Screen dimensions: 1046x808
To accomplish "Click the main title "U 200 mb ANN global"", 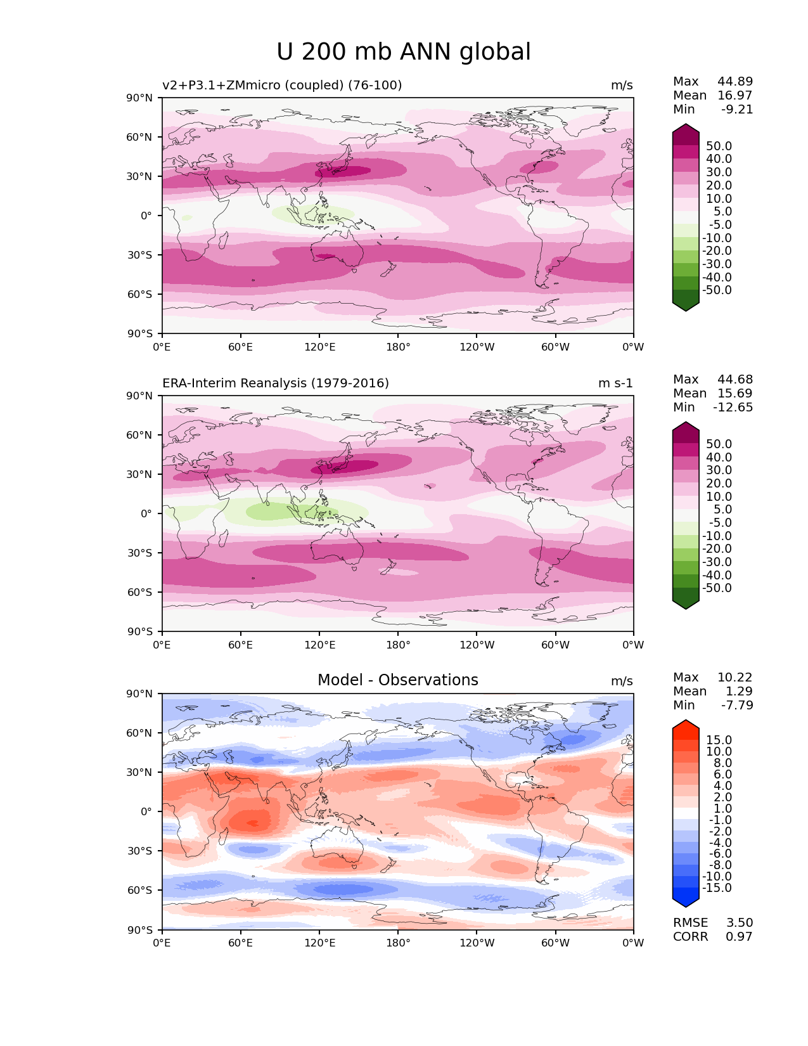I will (404, 52).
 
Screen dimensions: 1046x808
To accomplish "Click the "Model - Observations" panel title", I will (397, 680).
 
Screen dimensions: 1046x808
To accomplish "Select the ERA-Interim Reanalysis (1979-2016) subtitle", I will (276, 384).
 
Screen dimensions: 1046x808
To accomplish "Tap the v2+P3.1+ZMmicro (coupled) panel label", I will (282, 86).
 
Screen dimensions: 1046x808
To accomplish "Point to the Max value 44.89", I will (735, 82).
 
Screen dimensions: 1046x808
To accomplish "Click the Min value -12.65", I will (733, 408).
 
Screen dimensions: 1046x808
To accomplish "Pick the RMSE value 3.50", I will (740, 923).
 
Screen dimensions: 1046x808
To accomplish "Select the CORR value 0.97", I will (740, 937).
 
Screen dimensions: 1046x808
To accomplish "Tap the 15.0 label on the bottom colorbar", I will (719, 740).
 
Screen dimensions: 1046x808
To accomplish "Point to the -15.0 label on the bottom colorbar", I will (717, 888).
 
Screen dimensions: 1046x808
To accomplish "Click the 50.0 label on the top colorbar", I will (719, 146).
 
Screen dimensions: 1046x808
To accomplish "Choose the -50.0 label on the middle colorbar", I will (717, 588).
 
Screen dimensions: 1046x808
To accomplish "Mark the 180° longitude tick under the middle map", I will (398, 645).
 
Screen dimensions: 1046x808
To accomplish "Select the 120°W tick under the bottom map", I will (477, 943).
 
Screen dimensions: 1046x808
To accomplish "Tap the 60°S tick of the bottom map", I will (141, 891).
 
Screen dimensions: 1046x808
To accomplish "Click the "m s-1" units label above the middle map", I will (615, 384).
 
